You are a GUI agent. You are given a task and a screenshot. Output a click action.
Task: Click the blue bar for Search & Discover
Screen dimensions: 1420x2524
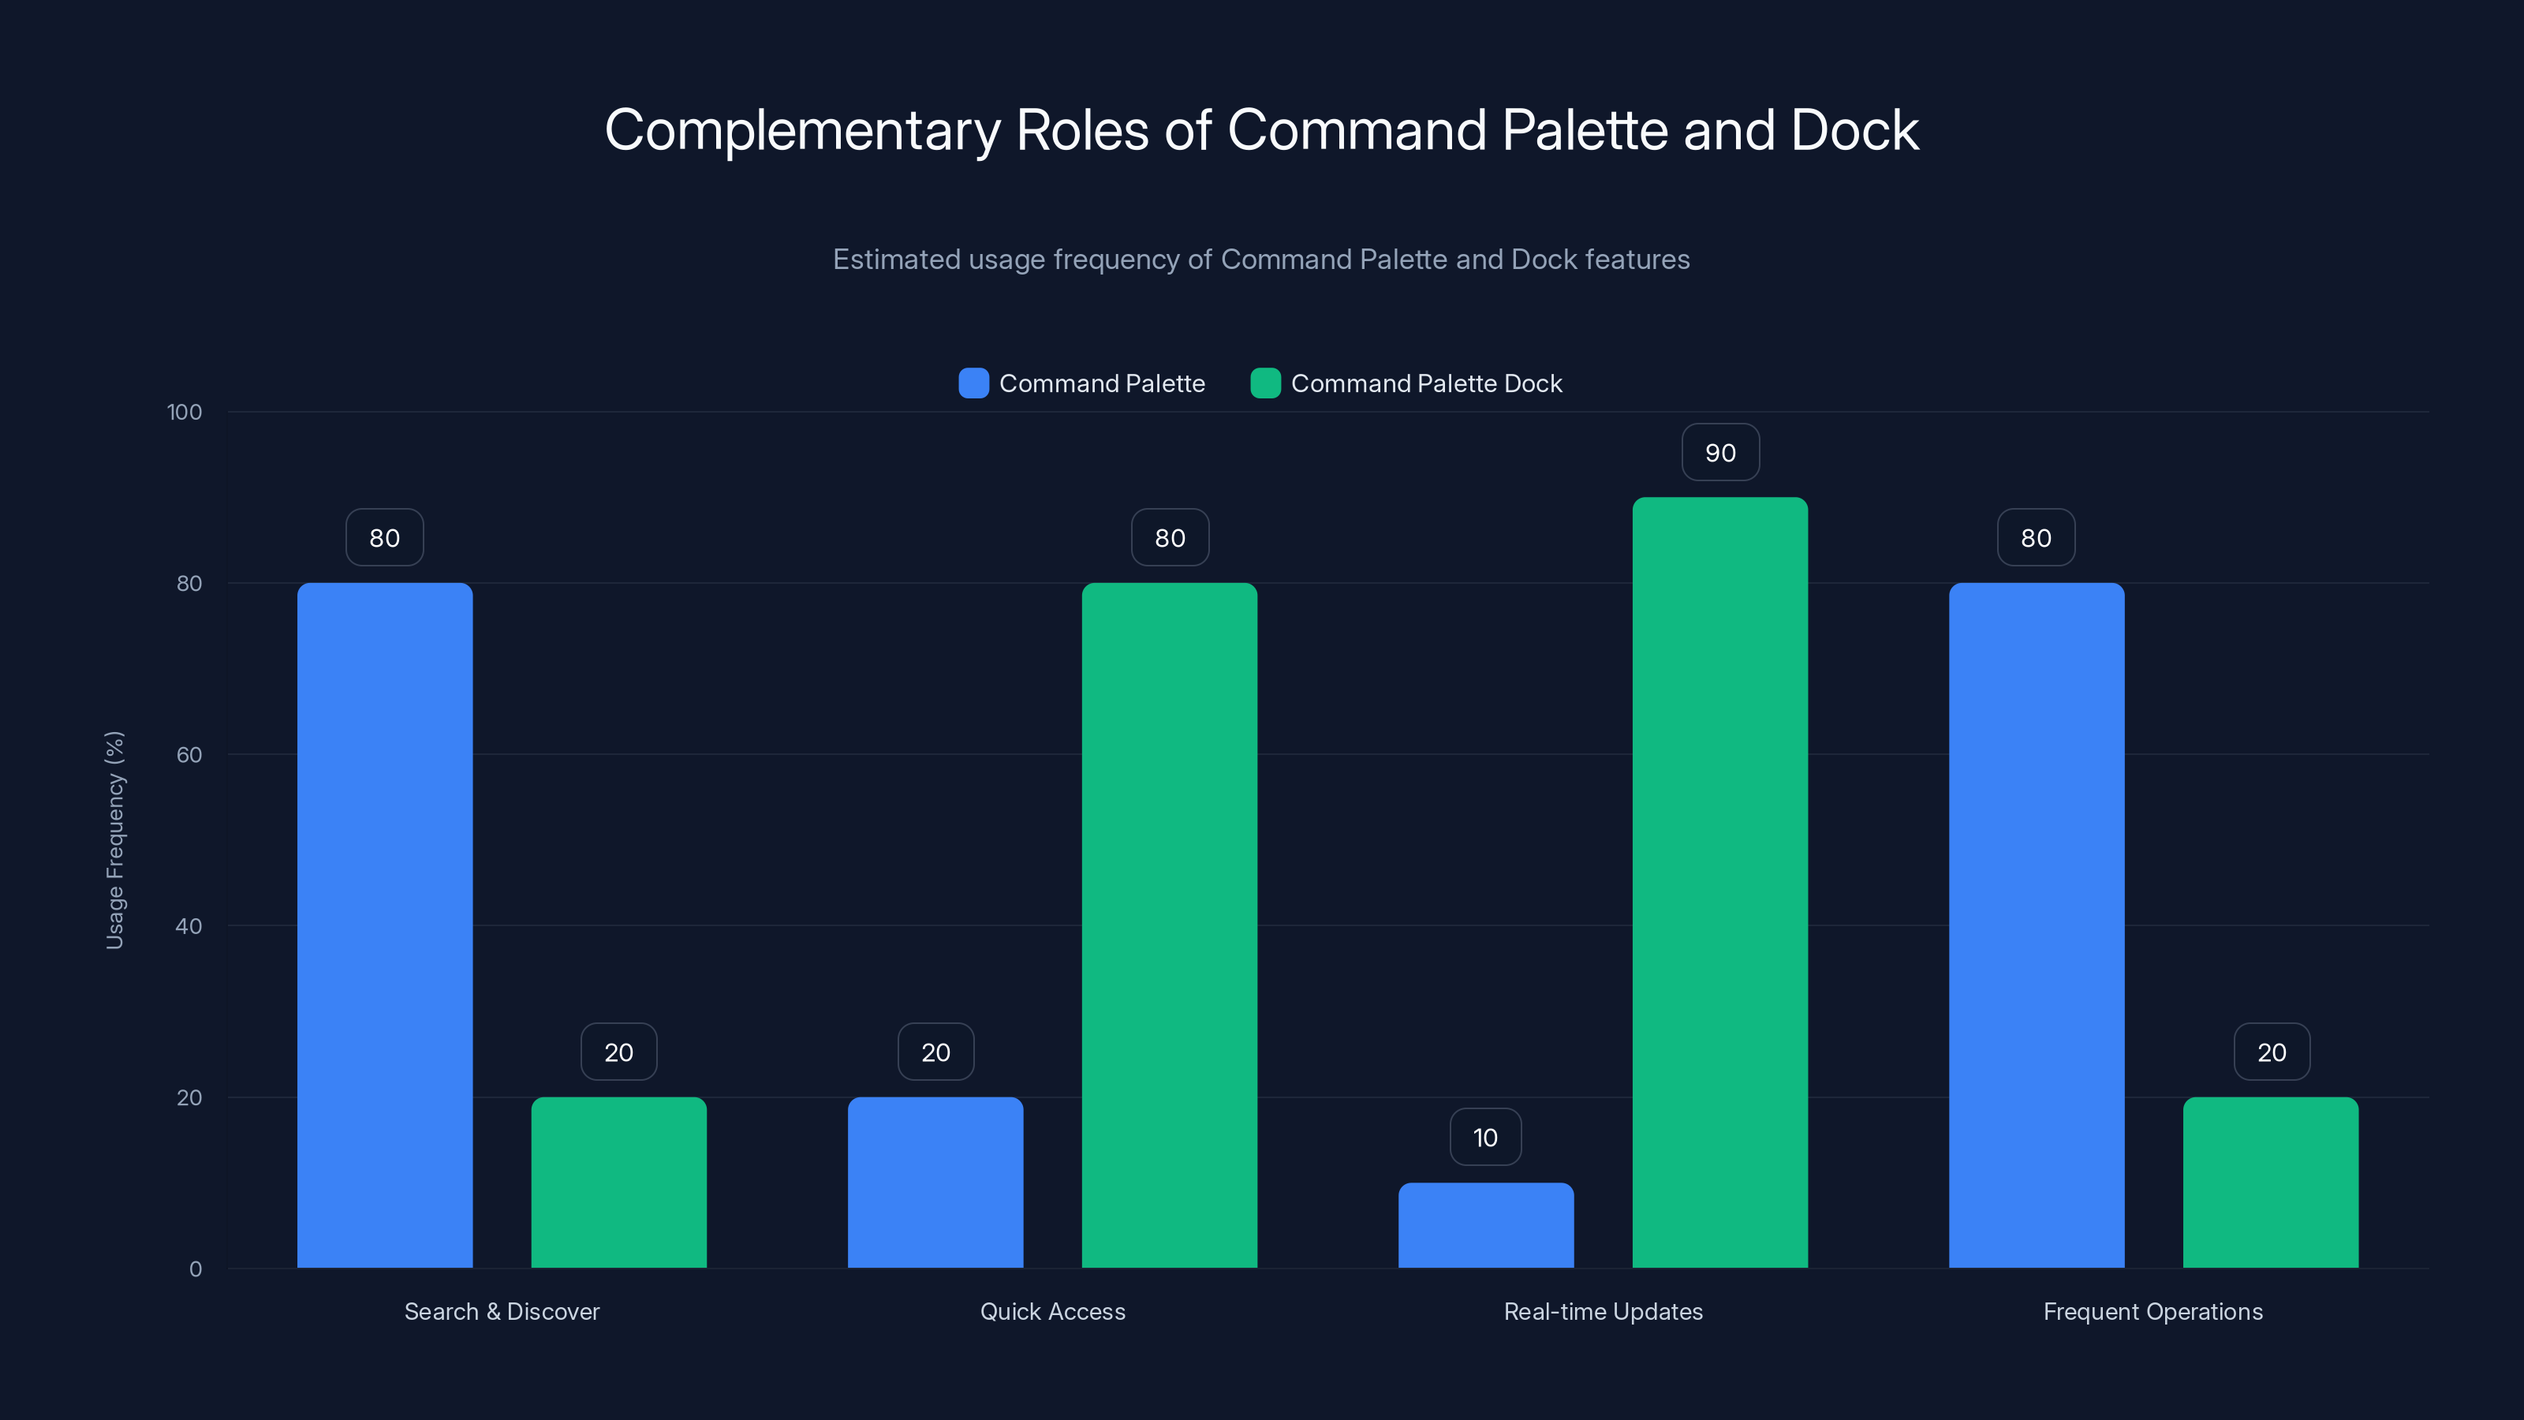coord(384,925)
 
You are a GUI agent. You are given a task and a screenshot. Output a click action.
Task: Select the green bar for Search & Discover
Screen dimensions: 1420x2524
coord(618,1182)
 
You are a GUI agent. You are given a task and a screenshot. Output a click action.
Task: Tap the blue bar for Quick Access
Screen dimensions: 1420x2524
coord(935,1182)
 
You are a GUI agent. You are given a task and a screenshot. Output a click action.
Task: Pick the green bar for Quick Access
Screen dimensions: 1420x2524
coord(1169,925)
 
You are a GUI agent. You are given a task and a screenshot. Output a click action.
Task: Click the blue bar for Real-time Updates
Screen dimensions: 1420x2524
coord(1485,1225)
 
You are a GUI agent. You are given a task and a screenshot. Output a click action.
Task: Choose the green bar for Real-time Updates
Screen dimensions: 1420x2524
coord(1719,882)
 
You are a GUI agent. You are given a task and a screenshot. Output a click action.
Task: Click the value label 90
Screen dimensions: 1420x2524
coord(1719,453)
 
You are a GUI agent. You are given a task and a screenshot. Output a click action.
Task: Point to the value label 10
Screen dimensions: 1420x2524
coord(1485,1137)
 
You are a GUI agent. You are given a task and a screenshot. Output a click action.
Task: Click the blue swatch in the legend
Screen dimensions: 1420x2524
coord(973,383)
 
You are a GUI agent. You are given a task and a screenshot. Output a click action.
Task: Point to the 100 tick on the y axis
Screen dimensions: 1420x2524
coord(185,413)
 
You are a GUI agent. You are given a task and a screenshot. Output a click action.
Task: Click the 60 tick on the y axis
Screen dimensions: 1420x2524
coord(189,755)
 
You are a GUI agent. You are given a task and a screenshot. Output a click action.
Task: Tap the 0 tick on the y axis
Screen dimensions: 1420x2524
coord(195,1269)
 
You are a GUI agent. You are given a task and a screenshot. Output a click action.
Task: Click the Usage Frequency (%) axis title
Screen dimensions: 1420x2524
coord(114,840)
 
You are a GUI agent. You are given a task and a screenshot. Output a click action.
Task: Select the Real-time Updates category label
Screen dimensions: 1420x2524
coord(1603,1311)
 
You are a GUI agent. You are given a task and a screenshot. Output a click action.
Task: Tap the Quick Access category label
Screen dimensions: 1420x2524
coord(1052,1311)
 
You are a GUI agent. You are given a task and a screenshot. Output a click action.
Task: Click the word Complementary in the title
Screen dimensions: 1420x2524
coord(801,130)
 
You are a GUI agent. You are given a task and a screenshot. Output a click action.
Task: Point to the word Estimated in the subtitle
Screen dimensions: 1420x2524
coord(895,260)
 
